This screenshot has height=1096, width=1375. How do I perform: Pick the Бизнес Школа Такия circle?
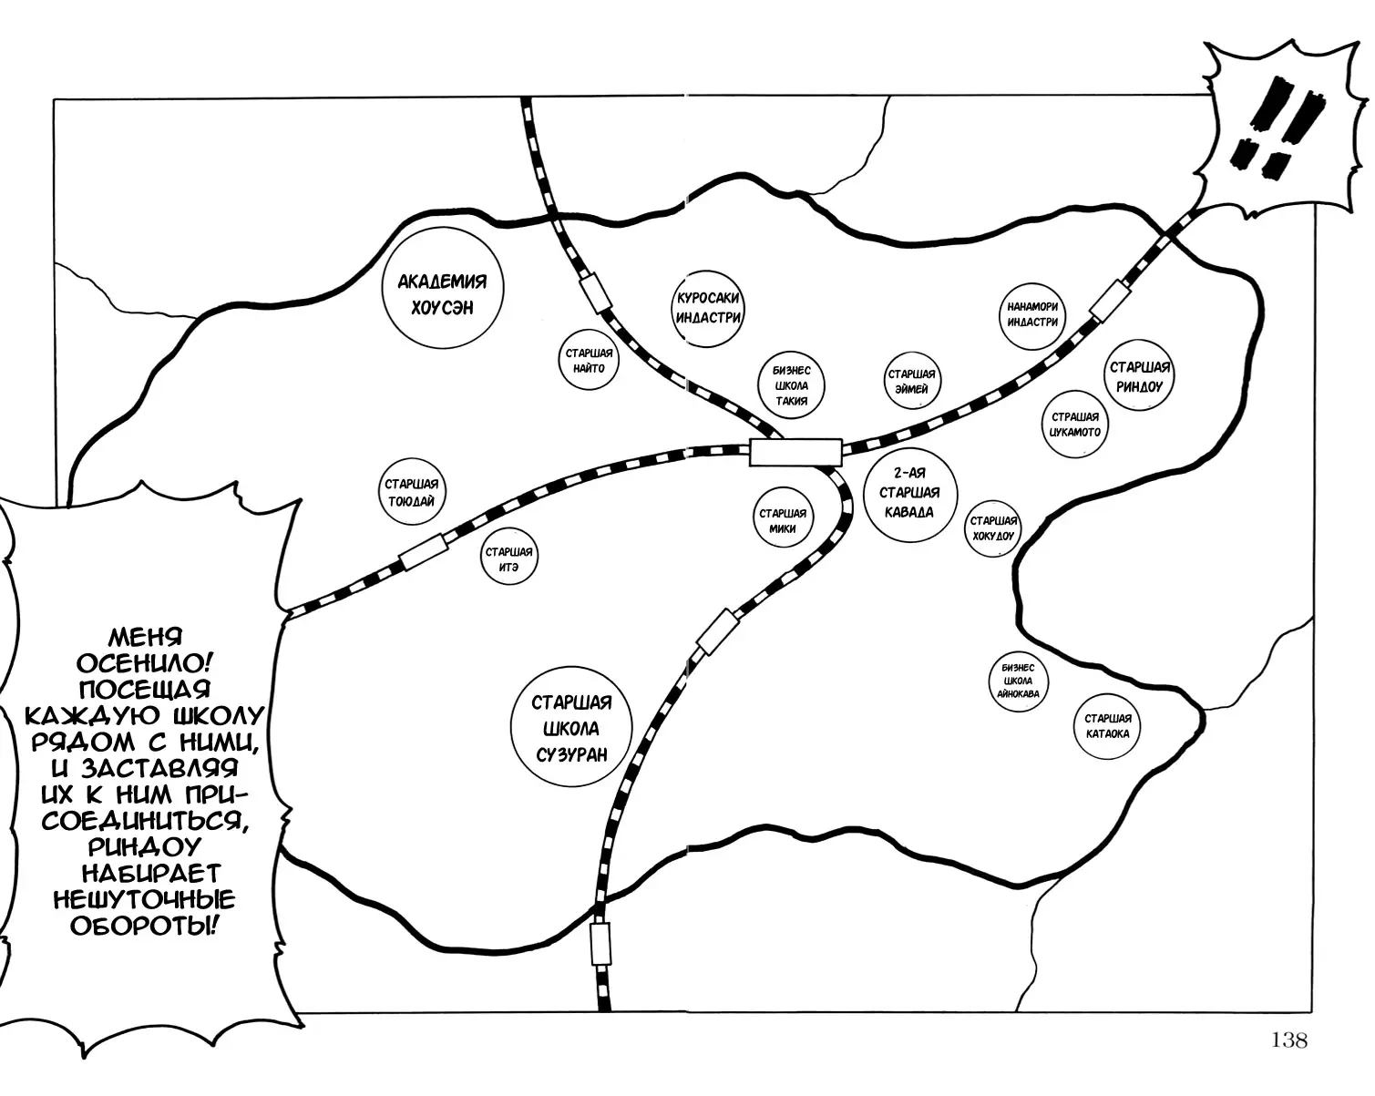tap(790, 386)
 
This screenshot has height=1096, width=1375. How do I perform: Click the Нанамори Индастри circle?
tap(1032, 314)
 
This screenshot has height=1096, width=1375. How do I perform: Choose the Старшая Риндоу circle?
tap(1138, 376)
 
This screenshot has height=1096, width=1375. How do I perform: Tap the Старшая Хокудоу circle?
tap(993, 528)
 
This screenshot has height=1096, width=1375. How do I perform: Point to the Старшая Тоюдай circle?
tap(411, 493)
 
